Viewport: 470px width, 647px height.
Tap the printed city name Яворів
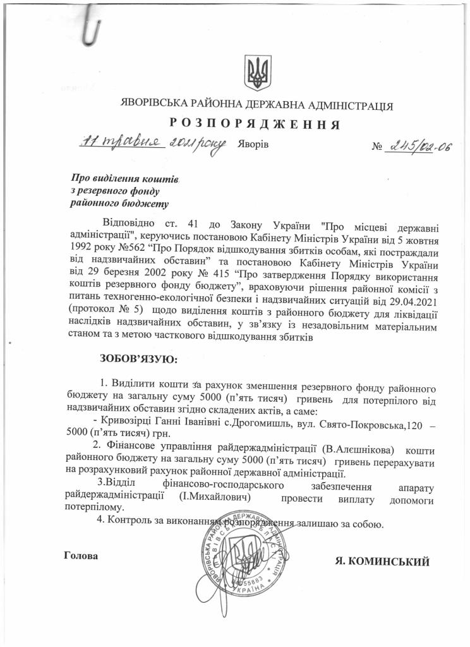(x=254, y=145)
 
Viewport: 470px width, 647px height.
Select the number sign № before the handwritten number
(x=378, y=147)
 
